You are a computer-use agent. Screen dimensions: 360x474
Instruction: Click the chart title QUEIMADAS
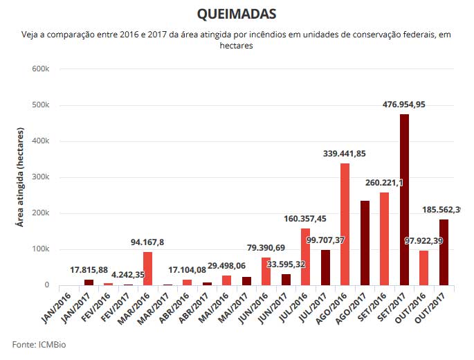point(237,14)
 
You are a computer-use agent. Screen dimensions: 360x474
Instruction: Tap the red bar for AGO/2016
point(345,224)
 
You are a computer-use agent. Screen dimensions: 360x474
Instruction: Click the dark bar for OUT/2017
point(444,252)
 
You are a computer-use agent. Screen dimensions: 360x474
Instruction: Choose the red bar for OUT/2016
point(423,268)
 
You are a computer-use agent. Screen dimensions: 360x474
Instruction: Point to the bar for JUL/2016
point(305,256)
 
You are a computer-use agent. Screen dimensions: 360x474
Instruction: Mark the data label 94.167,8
point(147,242)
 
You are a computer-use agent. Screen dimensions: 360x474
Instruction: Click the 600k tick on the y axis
point(40,69)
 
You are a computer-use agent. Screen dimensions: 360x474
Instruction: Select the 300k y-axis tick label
point(40,177)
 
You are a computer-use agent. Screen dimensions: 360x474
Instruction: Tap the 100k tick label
point(40,249)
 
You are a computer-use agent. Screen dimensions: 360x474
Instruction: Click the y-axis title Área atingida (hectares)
point(20,177)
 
